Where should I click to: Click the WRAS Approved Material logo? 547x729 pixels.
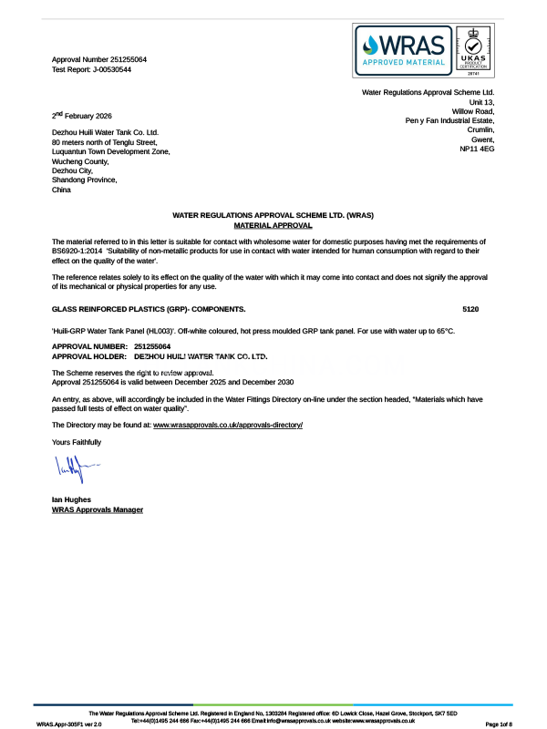(x=403, y=52)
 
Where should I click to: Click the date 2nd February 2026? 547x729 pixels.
(x=82, y=116)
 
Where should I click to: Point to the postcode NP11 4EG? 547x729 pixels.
(x=477, y=149)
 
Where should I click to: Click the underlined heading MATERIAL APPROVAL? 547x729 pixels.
(x=273, y=224)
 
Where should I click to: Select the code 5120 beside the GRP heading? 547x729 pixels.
(x=470, y=310)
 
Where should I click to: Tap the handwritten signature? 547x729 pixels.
(x=75, y=471)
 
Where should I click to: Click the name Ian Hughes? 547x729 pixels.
(x=71, y=499)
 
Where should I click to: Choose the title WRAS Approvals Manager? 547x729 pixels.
(x=98, y=509)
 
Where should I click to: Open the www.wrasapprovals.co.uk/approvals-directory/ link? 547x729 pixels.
(x=227, y=426)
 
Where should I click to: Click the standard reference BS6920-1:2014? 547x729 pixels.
(x=78, y=249)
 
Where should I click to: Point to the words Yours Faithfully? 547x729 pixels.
(x=77, y=442)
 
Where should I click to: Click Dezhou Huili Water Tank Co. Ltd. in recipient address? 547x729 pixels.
(x=105, y=132)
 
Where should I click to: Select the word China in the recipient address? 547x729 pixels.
(x=61, y=190)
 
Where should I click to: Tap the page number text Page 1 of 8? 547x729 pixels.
(x=506, y=724)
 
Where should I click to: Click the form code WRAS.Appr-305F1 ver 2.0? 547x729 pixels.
(x=69, y=724)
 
